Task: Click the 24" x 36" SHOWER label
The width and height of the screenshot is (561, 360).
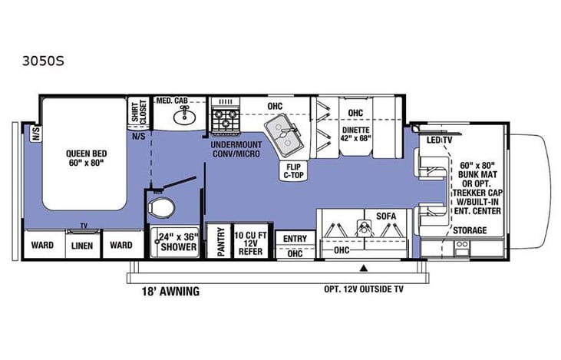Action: (x=178, y=243)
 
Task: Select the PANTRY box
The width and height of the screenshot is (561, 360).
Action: (x=219, y=242)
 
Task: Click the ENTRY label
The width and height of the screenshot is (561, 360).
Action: (x=295, y=239)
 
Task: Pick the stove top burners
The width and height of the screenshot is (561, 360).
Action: (x=226, y=118)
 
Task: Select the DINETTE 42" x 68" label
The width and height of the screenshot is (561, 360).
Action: (x=354, y=135)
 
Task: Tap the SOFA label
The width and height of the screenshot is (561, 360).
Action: (x=385, y=216)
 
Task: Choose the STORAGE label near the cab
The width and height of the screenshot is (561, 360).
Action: (x=470, y=230)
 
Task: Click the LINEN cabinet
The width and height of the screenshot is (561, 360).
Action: (x=82, y=246)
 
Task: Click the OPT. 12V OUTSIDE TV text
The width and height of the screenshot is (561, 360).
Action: (x=373, y=290)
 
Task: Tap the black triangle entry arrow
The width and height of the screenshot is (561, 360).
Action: (x=365, y=269)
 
